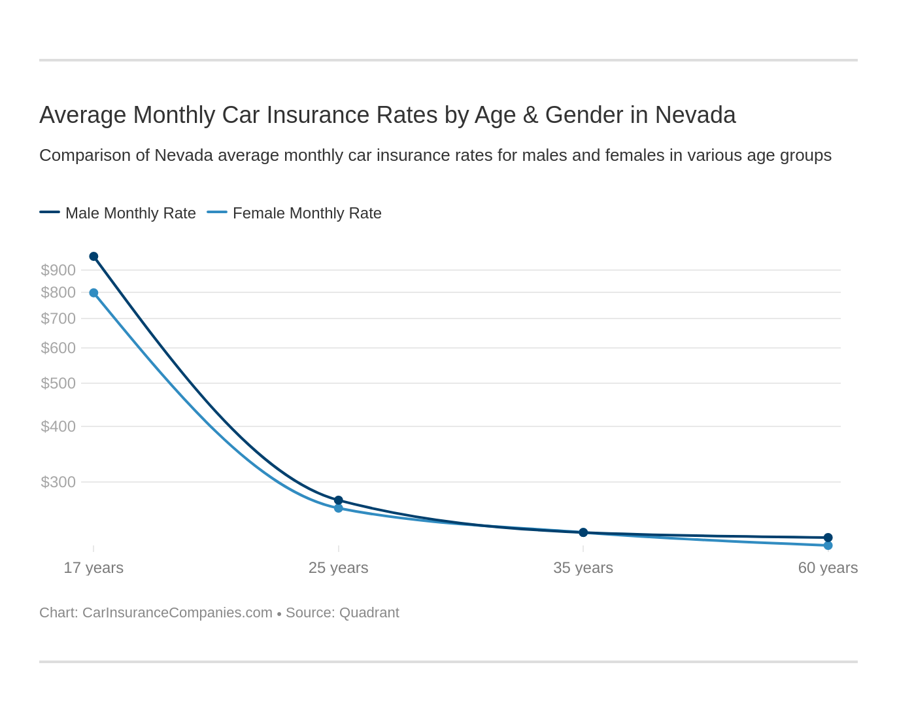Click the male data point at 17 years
tap(93, 256)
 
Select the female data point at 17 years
tap(93, 293)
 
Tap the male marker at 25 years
tap(339, 500)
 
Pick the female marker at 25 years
tap(339, 508)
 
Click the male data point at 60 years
tap(828, 538)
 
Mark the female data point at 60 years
tap(828, 545)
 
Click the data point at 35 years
tap(583, 532)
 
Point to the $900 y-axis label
tap(58, 270)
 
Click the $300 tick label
tap(58, 482)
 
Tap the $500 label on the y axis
tap(58, 383)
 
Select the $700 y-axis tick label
tap(58, 318)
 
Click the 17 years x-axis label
tap(93, 568)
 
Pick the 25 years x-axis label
tap(339, 568)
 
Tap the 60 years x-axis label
tap(828, 568)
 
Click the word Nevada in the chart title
tap(695, 115)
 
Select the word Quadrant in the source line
tap(369, 613)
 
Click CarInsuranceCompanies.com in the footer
tap(177, 613)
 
